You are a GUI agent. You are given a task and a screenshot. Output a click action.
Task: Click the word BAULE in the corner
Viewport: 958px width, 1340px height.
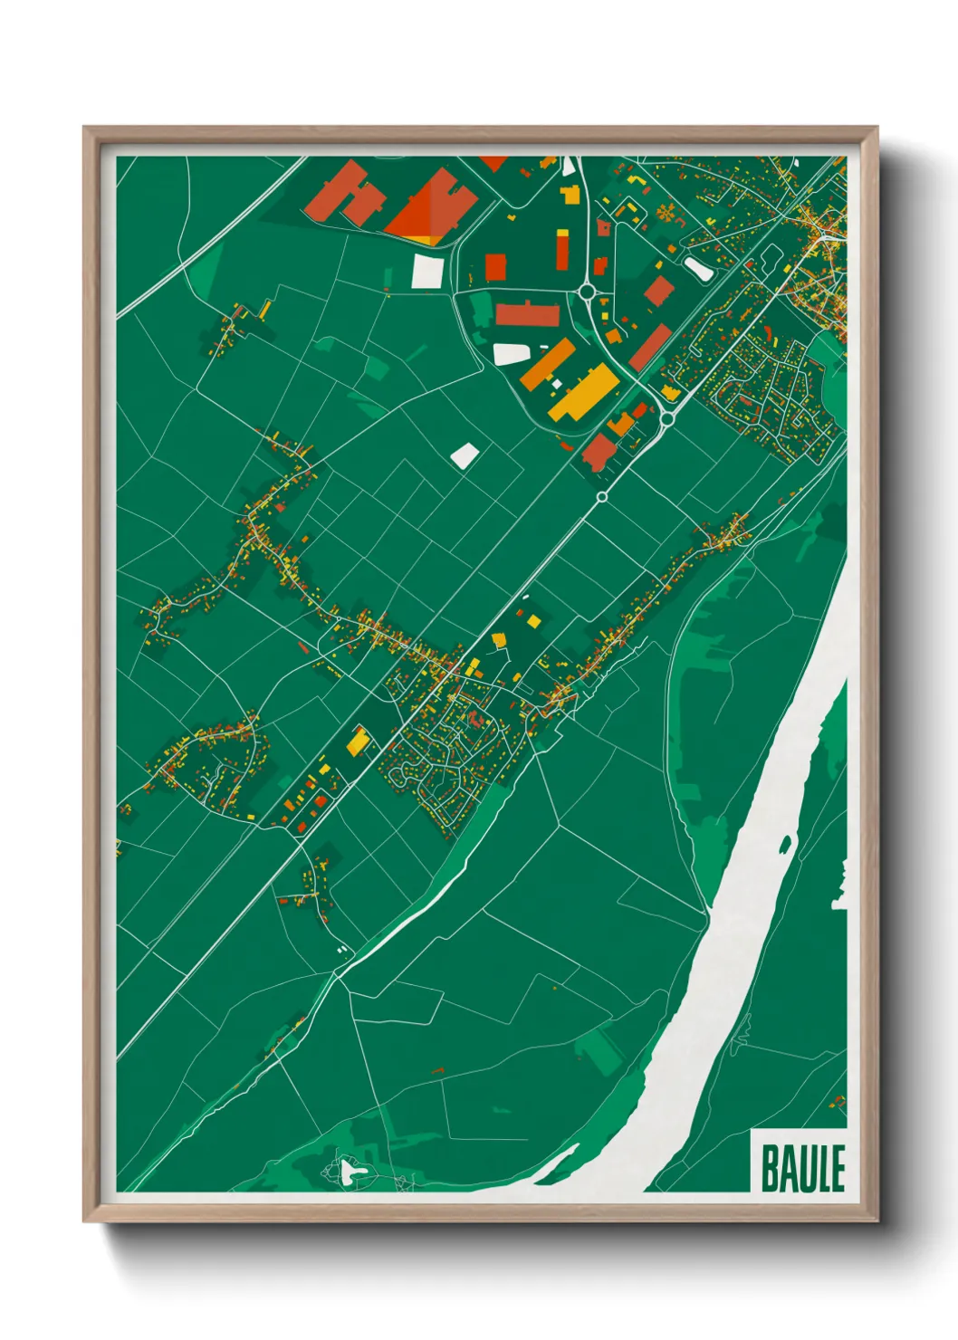point(802,1168)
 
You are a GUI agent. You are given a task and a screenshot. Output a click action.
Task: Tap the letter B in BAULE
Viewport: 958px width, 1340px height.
point(770,1168)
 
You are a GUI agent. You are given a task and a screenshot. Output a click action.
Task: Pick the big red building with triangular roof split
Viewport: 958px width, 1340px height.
point(433,207)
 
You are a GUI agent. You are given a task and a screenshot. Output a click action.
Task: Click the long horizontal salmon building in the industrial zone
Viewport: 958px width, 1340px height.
point(527,315)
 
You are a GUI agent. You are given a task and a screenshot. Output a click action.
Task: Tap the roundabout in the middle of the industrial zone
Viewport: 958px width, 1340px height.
point(587,292)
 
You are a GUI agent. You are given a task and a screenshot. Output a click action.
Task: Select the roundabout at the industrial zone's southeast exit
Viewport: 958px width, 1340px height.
point(666,417)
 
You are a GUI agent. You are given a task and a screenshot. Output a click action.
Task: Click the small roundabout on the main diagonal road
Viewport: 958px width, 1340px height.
point(601,497)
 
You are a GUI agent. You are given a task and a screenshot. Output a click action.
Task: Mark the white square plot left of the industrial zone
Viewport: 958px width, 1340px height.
point(427,271)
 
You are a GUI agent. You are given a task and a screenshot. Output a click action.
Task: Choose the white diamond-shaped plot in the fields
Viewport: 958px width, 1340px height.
point(464,455)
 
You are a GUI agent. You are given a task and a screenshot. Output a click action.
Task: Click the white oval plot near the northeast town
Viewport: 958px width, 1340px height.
point(697,267)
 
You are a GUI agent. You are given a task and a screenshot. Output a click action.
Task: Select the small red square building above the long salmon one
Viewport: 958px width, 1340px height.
point(495,266)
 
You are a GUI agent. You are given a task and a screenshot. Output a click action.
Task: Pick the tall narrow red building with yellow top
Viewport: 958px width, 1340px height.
point(562,249)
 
